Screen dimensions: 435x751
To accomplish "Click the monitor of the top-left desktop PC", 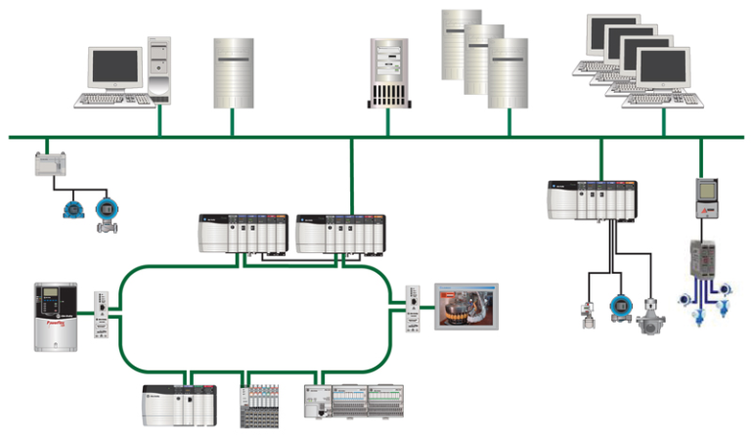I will coord(115,67).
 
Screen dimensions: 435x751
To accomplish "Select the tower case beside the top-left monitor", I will coord(161,70).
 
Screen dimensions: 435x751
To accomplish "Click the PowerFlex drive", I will coord(55,317).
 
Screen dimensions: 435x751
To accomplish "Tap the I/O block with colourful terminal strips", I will coord(263,404).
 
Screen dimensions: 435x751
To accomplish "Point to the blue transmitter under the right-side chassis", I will coord(617,305).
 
